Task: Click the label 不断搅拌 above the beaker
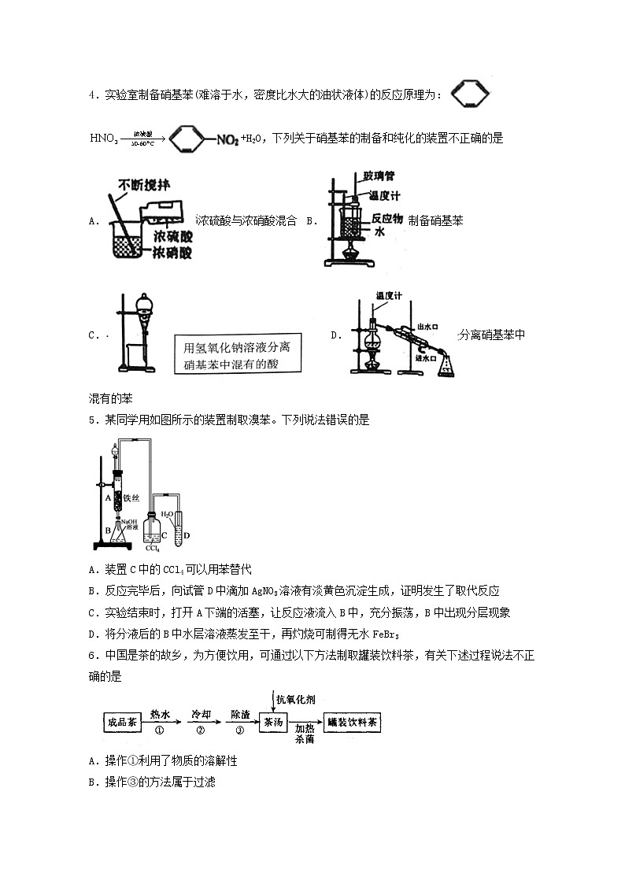point(145,186)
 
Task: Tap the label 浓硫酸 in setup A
point(166,235)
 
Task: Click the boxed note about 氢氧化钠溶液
point(239,355)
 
